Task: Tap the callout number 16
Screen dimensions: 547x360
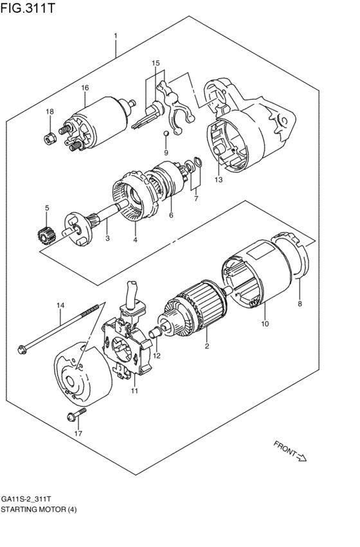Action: [x=85, y=87]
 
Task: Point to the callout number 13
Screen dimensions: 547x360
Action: [x=219, y=180]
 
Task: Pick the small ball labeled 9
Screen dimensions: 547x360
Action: [x=165, y=133]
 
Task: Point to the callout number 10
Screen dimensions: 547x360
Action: [x=264, y=323]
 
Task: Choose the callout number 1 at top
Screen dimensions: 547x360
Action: [x=116, y=35]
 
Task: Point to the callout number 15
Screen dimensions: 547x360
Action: [x=155, y=63]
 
